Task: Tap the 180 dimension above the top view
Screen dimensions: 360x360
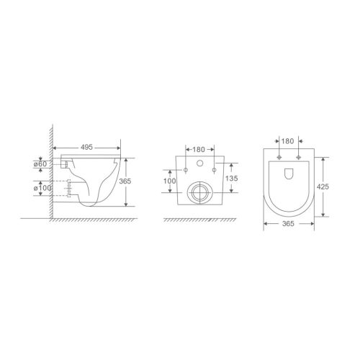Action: pos(286,143)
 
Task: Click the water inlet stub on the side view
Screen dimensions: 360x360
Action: pos(66,165)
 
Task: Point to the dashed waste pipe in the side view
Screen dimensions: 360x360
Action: pos(68,189)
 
